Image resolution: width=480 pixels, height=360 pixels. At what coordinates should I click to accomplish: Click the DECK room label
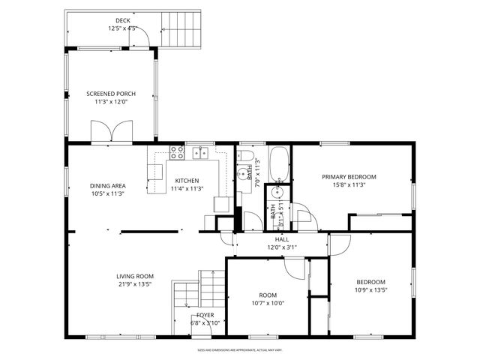(x=121, y=20)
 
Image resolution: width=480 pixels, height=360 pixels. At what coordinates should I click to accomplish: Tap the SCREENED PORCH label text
(x=111, y=94)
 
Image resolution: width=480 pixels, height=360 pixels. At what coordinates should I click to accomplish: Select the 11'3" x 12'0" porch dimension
(x=111, y=102)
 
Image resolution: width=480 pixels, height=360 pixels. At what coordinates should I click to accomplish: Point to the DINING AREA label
(x=108, y=185)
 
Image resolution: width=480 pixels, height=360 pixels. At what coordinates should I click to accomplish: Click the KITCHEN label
(x=187, y=181)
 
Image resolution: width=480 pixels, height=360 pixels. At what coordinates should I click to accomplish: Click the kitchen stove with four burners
(x=178, y=152)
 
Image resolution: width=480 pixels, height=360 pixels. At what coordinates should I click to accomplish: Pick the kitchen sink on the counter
(x=200, y=153)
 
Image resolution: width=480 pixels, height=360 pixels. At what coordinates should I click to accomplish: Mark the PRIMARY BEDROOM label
(x=349, y=177)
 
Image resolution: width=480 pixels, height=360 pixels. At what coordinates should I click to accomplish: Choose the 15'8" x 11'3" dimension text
(x=349, y=185)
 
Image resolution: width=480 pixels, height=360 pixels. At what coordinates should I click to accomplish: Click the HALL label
(x=282, y=239)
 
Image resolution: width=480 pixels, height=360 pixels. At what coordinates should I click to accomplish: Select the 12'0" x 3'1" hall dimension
(x=282, y=247)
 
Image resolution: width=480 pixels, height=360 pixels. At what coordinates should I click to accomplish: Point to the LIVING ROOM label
(x=135, y=276)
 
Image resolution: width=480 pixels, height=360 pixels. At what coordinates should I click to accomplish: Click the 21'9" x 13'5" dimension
(x=135, y=284)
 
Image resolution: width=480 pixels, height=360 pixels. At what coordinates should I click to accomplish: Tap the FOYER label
(x=205, y=315)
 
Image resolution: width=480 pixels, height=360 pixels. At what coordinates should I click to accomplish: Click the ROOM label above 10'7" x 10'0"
(x=268, y=295)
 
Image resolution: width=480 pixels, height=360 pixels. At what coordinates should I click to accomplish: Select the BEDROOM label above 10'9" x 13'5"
(x=370, y=282)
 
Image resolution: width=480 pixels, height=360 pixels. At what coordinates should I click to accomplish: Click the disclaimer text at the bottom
(x=239, y=349)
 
